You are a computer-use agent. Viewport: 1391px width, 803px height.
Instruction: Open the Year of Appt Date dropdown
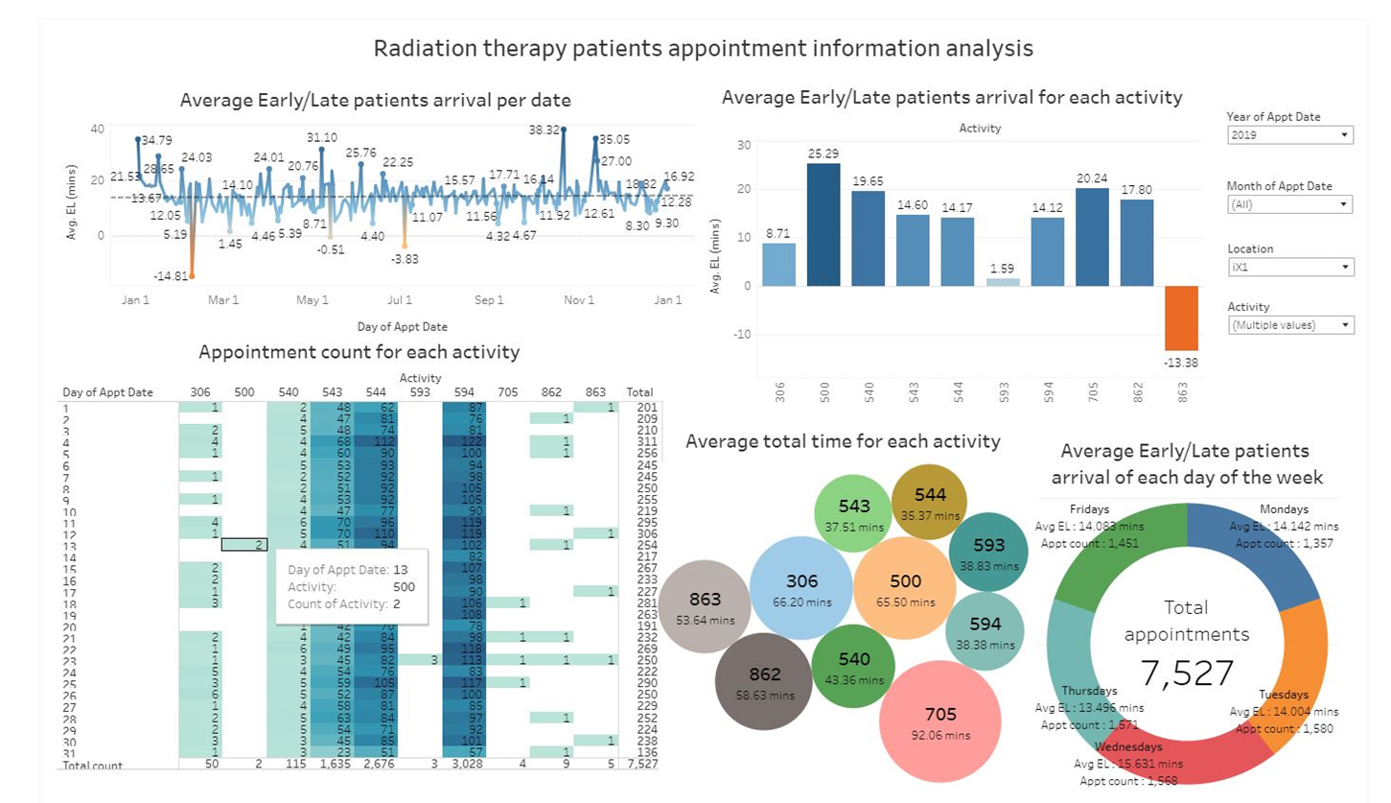pos(1289,135)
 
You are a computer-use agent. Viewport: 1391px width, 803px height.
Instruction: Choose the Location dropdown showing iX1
pos(1289,267)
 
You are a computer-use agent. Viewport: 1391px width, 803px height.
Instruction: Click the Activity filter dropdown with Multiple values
pos(1289,325)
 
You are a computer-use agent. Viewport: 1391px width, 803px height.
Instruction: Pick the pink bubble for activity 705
pos(939,721)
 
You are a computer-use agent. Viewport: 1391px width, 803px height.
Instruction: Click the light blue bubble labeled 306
pos(800,588)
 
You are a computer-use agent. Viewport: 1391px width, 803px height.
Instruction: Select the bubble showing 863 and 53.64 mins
pos(705,607)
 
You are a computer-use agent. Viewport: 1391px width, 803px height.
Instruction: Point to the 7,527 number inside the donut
pos(1187,673)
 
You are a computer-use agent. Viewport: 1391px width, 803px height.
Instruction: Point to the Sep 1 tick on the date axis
pos(489,300)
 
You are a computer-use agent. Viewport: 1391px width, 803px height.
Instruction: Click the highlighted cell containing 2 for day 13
pos(244,544)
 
